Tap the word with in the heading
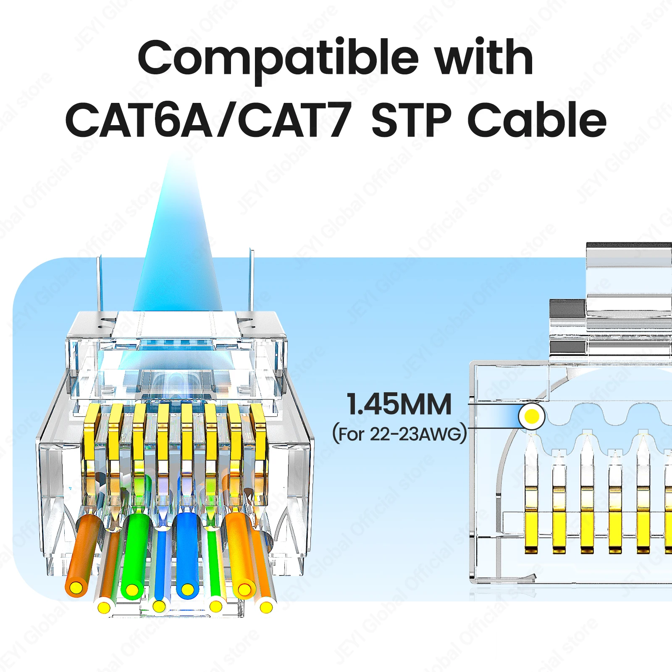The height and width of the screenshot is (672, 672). pos(484,57)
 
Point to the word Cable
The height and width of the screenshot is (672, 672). pos(537,120)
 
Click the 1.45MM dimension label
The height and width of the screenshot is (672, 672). pos(399,404)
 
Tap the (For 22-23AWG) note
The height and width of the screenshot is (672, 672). pos(399,434)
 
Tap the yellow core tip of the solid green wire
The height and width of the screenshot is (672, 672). pos(132,590)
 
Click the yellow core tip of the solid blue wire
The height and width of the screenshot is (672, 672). pos(187,590)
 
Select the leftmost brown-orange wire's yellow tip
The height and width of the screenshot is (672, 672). pos(76,588)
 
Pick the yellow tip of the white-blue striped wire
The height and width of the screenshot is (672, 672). pos(159,606)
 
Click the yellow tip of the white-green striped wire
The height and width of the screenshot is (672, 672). pos(215,606)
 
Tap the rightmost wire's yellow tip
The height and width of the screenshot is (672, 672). pos(266,607)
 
